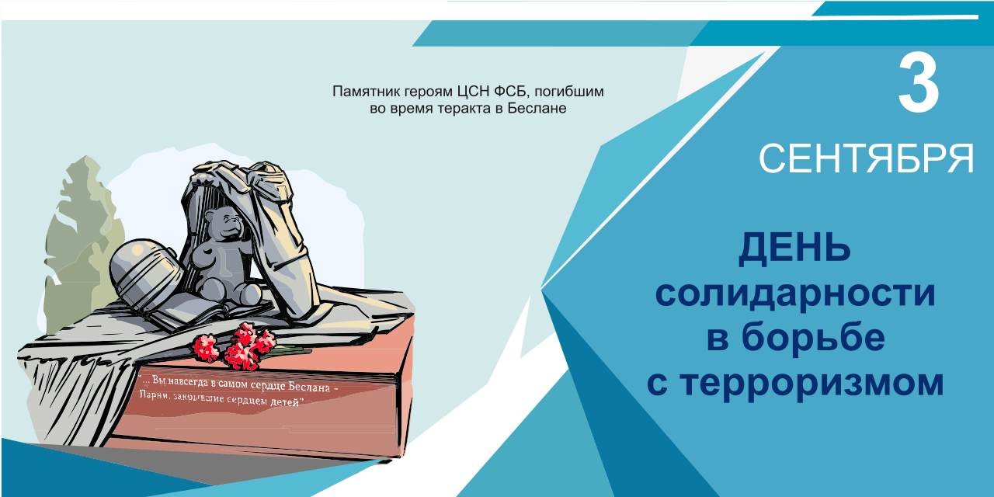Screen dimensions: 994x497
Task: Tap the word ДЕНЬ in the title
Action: tap(794, 249)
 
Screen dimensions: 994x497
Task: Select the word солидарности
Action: tap(795, 294)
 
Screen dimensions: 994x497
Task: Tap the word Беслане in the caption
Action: tap(537, 108)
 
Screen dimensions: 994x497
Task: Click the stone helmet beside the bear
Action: tap(144, 272)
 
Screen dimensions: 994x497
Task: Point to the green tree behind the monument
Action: tap(80, 244)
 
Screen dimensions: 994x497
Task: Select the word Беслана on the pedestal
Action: tap(309, 387)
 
